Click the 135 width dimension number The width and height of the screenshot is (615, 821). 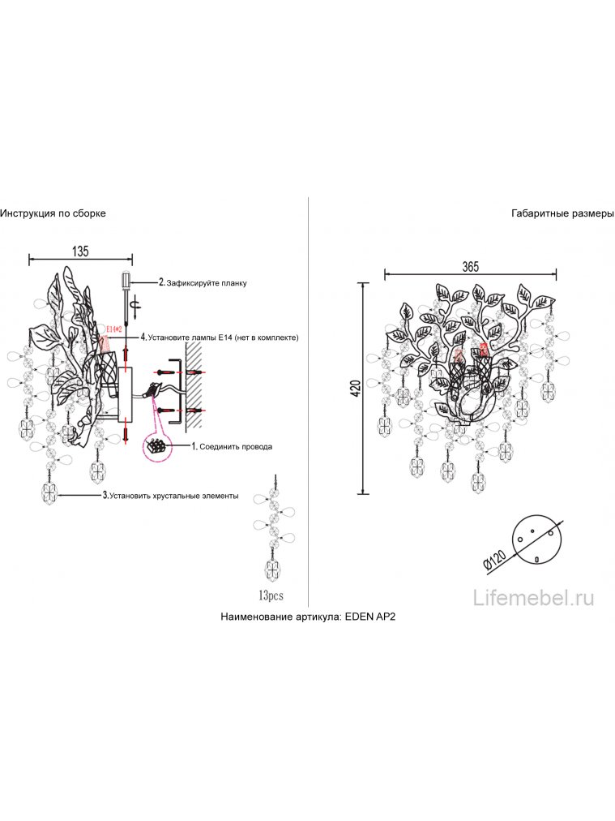pyautogui.click(x=79, y=251)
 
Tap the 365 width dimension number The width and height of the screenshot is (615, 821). pyautogui.click(x=471, y=267)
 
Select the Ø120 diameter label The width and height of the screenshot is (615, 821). pyautogui.click(x=493, y=559)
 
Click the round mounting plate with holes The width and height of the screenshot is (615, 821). pyautogui.click(x=533, y=536)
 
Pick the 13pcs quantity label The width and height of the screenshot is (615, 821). pyautogui.click(x=271, y=596)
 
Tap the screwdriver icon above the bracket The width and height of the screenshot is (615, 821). pyautogui.click(x=127, y=280)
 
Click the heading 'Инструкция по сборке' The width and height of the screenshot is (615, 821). pyautogui.click(x=53, y=213)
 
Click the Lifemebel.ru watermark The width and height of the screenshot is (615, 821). pyautogui.click(x=533, y=599)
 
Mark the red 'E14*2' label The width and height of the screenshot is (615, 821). pyautogui.click(x=113, y=329)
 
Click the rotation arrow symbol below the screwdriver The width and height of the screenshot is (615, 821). pyautogui.click(x=136, y=305)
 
